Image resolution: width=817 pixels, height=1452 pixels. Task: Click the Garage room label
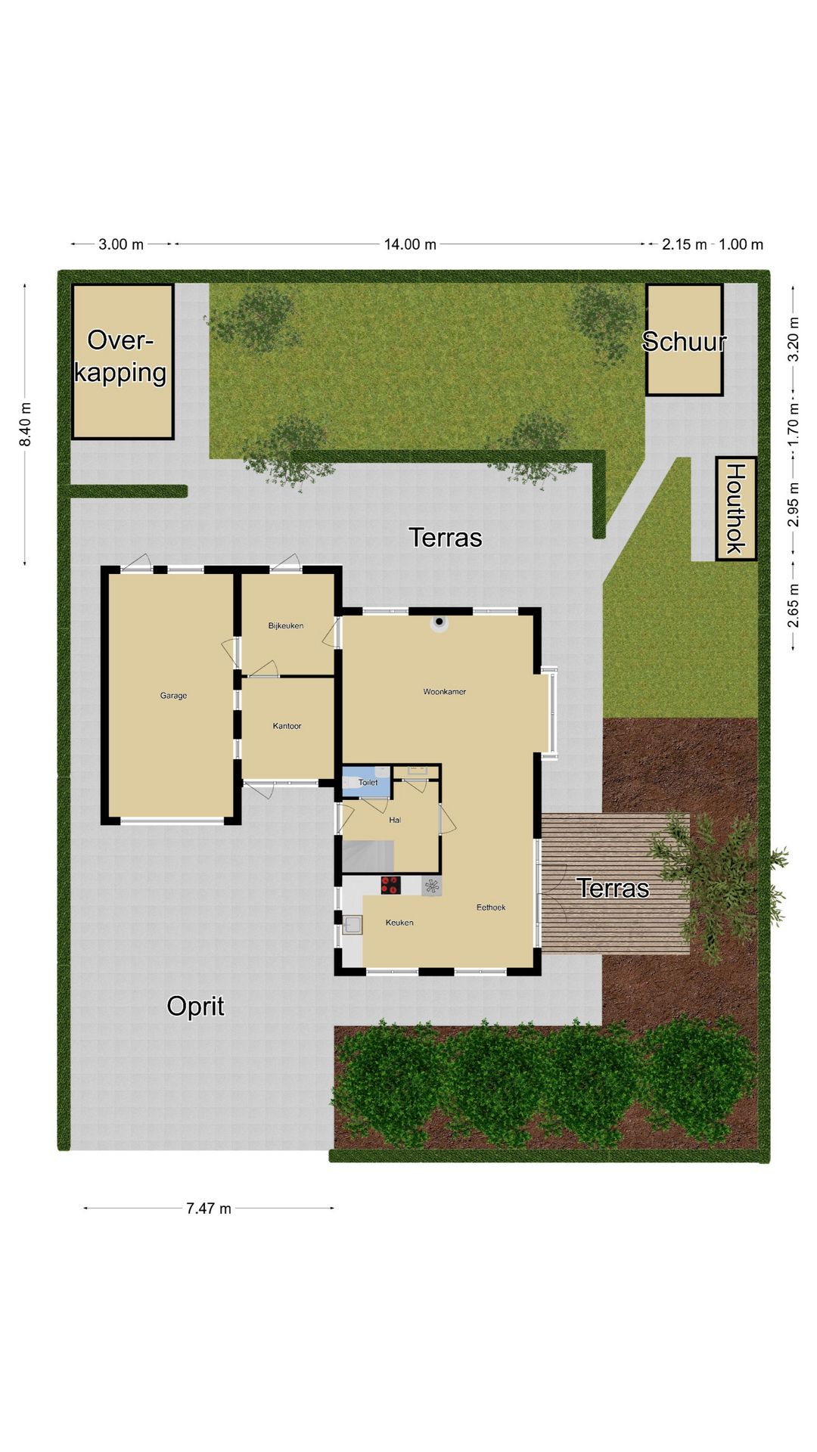173,696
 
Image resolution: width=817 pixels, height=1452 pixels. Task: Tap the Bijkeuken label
286,625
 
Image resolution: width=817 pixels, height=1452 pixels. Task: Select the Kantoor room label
287,726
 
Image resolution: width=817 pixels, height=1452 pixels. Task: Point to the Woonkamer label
444,691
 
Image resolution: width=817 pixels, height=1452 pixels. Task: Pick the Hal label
395,820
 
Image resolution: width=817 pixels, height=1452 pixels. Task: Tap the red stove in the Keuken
390,886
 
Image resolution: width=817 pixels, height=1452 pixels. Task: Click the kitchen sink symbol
352,924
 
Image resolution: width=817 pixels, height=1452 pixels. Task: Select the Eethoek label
491,907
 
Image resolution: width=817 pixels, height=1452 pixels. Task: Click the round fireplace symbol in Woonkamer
440,623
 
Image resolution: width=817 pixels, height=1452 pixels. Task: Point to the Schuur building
684,340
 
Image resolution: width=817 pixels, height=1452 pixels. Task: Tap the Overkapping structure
123,361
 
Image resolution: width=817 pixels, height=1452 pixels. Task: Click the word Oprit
195,1007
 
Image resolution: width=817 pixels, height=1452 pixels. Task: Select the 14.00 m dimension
410,244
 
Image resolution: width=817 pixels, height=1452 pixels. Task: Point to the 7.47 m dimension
209,1208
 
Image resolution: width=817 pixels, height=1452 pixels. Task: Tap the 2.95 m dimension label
793,504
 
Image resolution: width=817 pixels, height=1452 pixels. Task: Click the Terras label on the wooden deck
613,888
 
